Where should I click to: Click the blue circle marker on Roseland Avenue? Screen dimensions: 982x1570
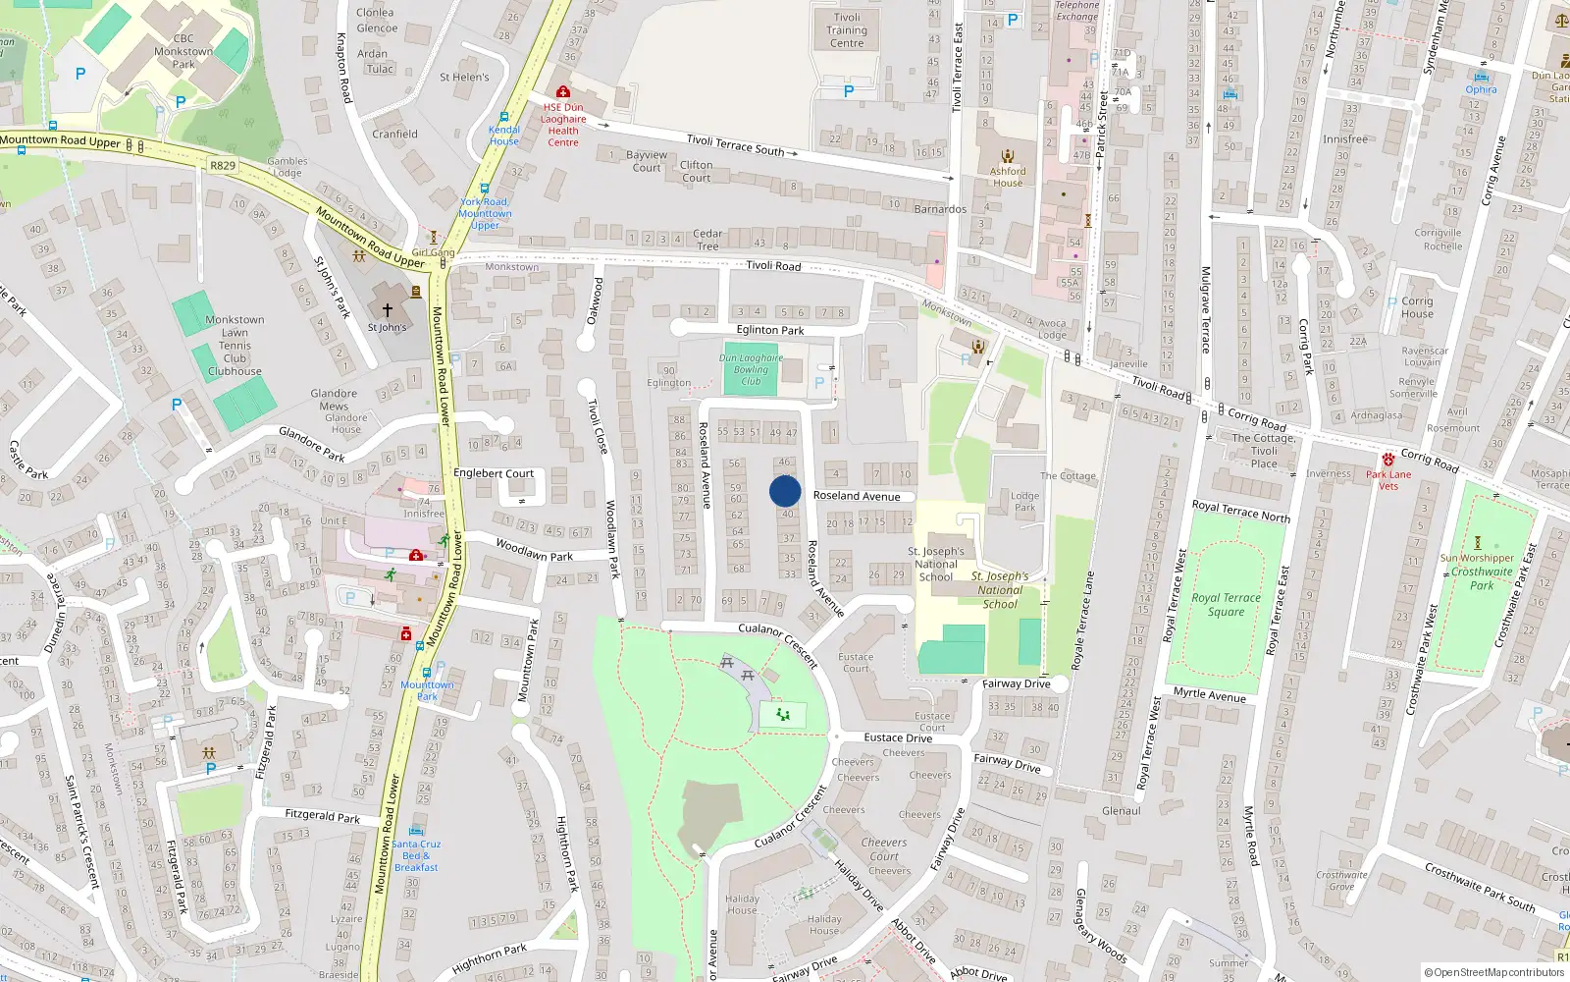click(785, 491)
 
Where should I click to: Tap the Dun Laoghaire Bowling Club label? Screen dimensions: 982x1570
click(751, 369)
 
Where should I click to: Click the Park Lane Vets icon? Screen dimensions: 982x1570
click(1388, 460)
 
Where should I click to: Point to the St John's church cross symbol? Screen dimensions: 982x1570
click(388, 309)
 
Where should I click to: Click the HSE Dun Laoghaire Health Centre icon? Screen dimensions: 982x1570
click(563, 92)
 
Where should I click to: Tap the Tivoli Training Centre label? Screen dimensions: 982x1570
click(847, 30)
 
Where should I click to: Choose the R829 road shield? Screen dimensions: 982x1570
click(223, 165)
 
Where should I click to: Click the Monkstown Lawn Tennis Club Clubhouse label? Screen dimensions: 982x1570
click(235, 346)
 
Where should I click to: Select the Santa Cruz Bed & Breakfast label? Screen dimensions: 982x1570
click(416, 855)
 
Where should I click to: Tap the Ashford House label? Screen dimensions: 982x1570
click(1008, 177)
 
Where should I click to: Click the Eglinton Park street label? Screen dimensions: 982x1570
click(770, 330)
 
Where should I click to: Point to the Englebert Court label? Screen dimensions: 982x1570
click(494, 473)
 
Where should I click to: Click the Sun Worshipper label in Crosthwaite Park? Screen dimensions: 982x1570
click(1477, 558)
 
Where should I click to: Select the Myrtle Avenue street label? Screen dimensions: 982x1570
click(1210, 695)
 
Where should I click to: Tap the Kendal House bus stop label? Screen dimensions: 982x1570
click(504, 136)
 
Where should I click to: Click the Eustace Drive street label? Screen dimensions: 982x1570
click(898, 737)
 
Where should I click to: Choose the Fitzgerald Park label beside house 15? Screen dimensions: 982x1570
click(322, 816)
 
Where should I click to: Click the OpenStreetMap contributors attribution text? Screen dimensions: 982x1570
click(1494, 972)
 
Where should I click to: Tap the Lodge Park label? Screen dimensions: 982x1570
click(1025, 502)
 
